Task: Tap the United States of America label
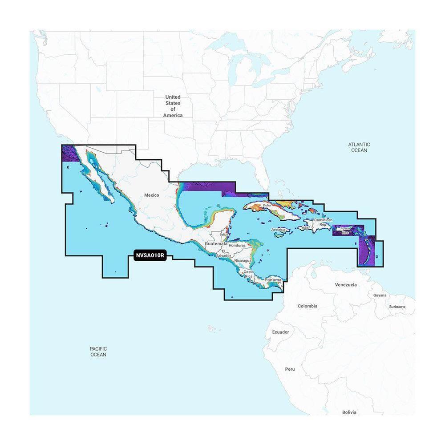[173, 106]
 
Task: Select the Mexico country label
[151, 195]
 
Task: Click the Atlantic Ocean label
[359, 147]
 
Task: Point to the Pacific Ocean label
[98, 352]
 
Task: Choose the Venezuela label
[346, 284]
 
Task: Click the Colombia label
[307, 306]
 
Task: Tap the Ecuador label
[280, 332]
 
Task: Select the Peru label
[290, 369]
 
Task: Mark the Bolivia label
[349, 413]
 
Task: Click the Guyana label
[380, 295]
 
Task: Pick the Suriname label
[397, 307]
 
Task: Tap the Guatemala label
[216, 244]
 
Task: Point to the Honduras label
[238, 245]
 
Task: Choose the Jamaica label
[278, 229]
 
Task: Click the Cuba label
[267, 206]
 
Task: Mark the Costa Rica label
[248, 274]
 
